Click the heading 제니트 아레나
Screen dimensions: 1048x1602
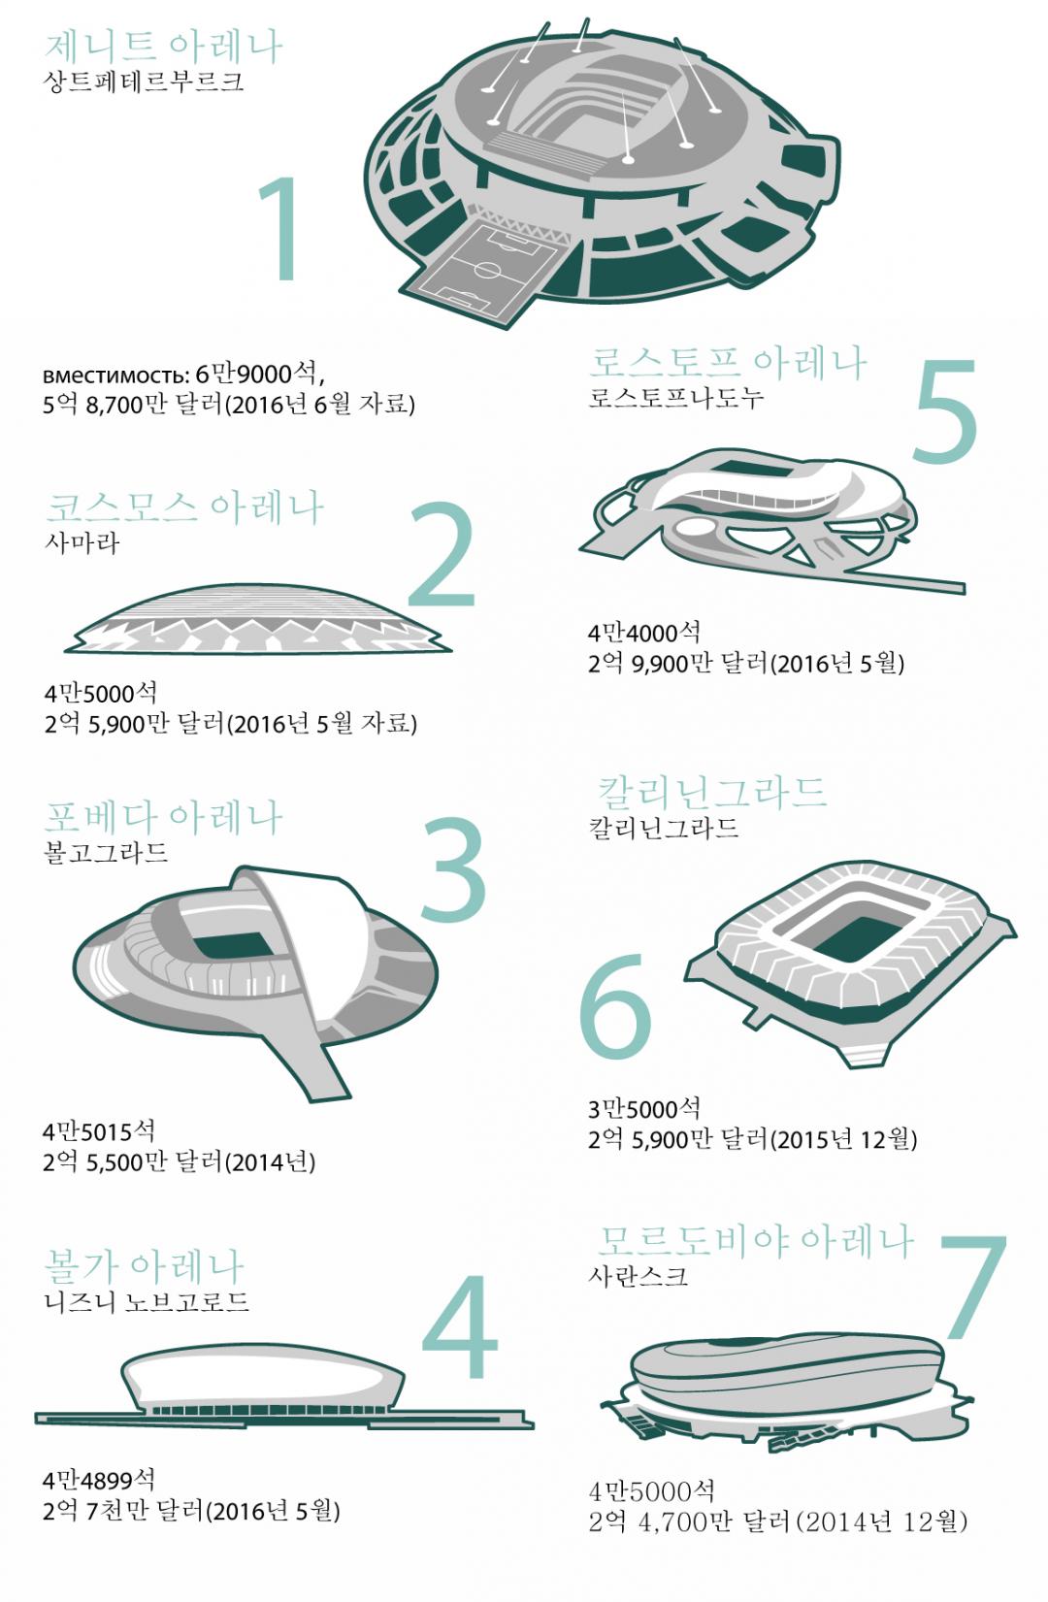click(x=164, y=47)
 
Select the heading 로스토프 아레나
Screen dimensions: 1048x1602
click(x=728, y=363)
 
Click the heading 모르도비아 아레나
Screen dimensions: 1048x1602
click(x=756, y=1242)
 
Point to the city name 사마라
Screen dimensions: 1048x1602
click(x=82, y=543)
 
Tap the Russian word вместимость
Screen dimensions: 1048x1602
click(x=115, y=376)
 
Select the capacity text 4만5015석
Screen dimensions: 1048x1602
click(x=99, y=1131)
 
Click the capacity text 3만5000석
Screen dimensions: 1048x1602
click(x=643, y=1108)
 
